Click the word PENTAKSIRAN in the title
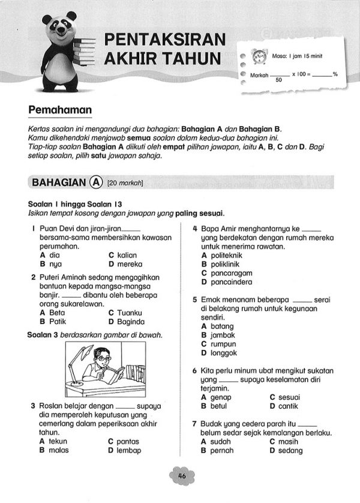pos(166,40)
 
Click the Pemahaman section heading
pos(60,110)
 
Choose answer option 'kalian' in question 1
pos(127,255)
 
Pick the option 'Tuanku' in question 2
pos(130,313)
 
